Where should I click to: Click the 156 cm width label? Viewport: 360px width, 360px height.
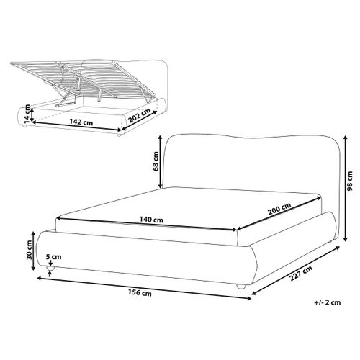140,293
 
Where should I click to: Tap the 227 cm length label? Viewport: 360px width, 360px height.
301,274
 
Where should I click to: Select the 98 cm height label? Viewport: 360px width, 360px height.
350,181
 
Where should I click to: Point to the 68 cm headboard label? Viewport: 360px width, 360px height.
156,161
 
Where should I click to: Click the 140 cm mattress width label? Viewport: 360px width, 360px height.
151,220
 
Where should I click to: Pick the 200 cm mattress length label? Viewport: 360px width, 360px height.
279,208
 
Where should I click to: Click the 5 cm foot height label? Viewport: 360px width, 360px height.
54,257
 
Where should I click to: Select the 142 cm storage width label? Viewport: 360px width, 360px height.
81,122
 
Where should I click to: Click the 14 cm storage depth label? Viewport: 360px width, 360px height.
27,114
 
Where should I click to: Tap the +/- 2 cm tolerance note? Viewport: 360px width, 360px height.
328,302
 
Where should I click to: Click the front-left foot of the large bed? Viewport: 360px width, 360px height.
50,268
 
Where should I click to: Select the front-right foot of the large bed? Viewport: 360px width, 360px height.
241,286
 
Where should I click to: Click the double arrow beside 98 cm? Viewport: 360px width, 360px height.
345,188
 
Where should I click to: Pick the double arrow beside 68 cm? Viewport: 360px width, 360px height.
160,162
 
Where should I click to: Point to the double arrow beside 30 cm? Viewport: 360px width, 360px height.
33,251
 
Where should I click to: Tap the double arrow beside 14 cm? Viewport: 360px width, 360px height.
31,114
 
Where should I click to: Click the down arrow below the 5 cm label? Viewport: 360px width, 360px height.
50,263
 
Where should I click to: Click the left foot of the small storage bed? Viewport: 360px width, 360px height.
24,126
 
